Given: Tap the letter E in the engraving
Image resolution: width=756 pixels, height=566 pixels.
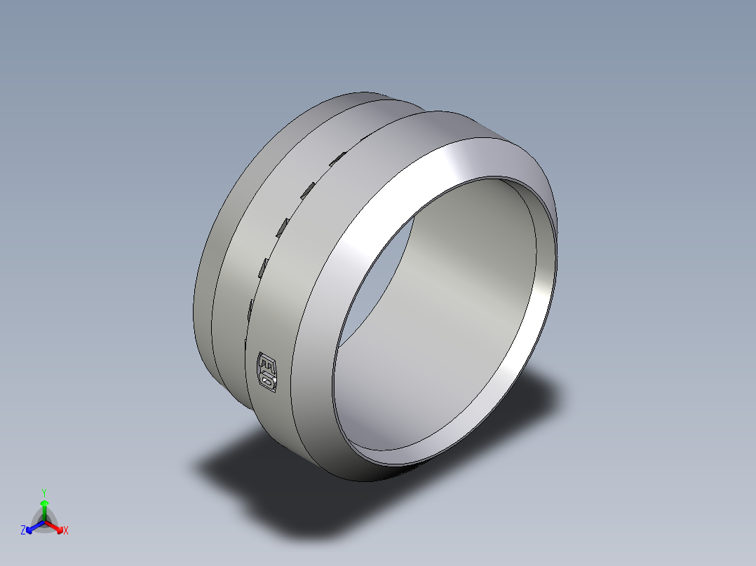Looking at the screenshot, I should [266, 363].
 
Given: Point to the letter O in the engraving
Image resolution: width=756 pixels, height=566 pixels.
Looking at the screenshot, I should [268, 380].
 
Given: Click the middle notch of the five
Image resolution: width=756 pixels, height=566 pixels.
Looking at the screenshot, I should [282, 226].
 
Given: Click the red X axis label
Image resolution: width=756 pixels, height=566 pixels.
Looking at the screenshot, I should [66, 531].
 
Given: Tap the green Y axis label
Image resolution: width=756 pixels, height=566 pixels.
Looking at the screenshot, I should [43, 492].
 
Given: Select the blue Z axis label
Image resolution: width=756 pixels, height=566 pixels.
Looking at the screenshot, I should [23, 531].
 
